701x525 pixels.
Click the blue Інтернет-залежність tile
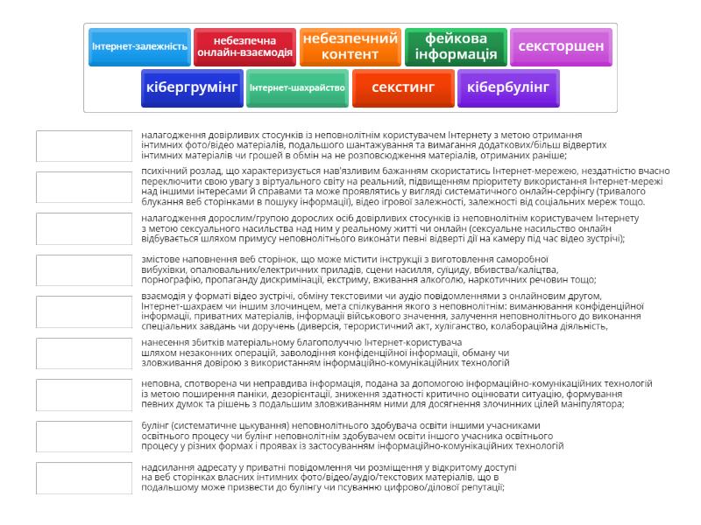[x=139, y=46]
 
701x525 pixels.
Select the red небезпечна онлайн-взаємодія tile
[x=245, y=46]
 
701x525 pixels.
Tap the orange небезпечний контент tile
[x=350, y=46]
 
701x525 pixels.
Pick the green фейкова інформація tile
[x=456, y=46]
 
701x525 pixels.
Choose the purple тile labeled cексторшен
[x=561, y=46]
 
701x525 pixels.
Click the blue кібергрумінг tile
[x=192, y=87]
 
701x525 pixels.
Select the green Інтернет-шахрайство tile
[x=298, y=87]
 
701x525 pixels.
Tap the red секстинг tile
[x=403, y=87]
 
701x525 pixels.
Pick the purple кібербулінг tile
[x=508, y=87]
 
